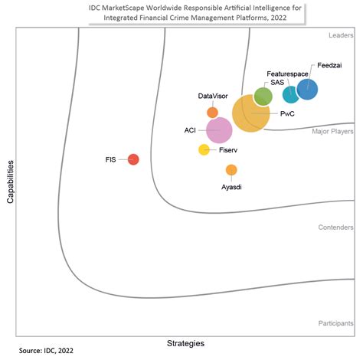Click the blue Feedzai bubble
click(307, 90)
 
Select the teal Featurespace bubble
click(291, 94)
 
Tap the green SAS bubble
click(263, 96)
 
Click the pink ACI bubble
click(219, 130)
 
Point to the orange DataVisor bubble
click(212, 113)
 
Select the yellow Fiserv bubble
click(204, 150)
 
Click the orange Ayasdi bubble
click(231, 170)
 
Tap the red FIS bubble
click(133, 159)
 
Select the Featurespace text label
click(287, 74)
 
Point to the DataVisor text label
click(212, 96)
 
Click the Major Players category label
click(332, 132)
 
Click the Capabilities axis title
click(10, 182)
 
